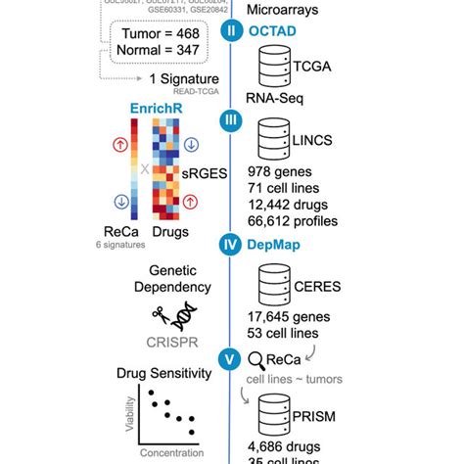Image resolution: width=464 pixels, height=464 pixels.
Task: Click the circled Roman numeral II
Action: [232, 29]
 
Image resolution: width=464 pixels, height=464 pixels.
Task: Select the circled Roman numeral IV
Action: [232, 246]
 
